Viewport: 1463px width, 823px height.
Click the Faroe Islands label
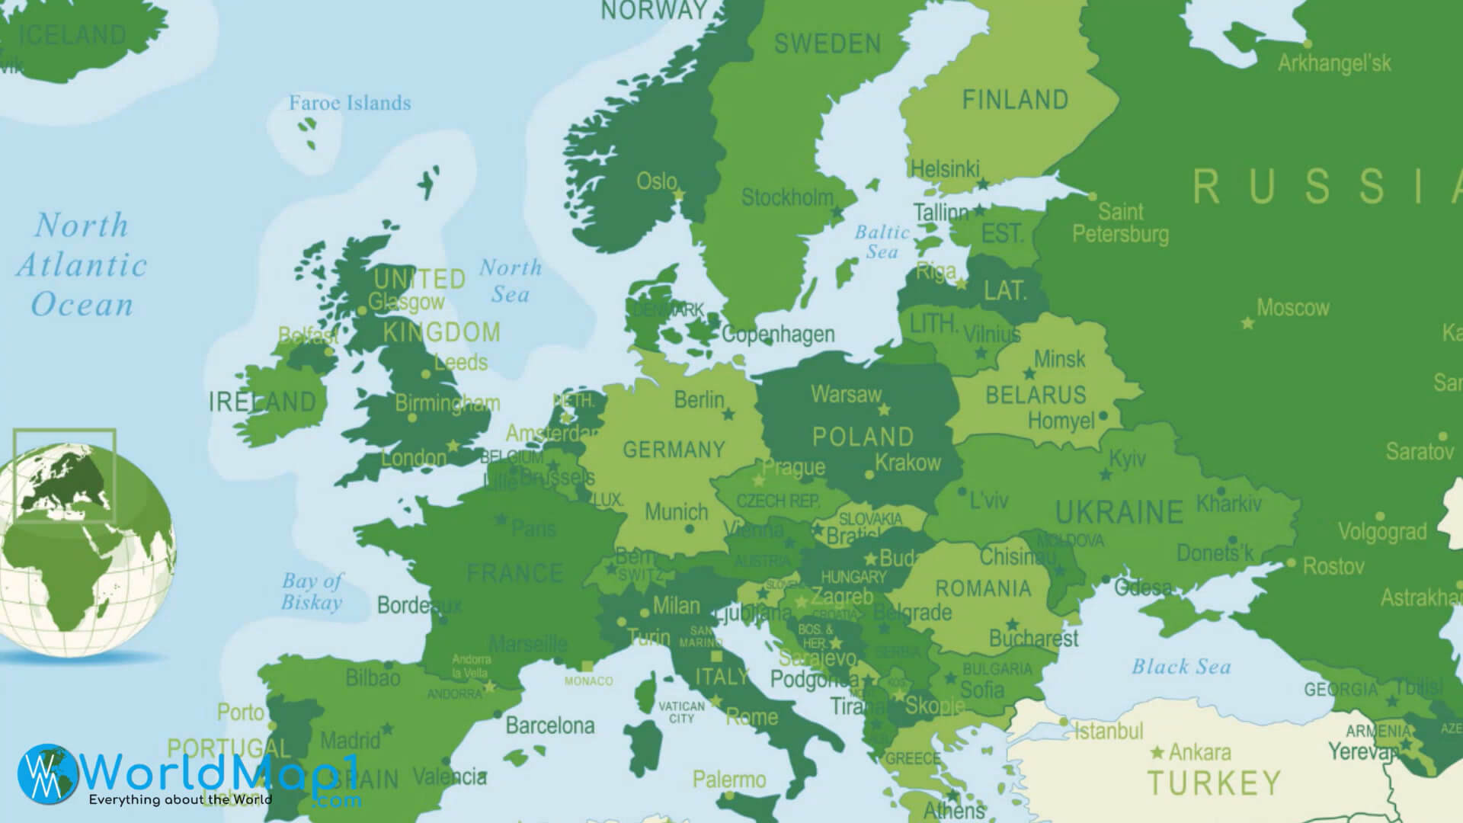pyautogui.click(x=350, y=103)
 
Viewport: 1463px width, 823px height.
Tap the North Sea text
pyautogui.click(x=510, y=280)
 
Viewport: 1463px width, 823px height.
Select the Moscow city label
pyautogui.click(x=1292, y=308)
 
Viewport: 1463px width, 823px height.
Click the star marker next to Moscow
pyautogui.click(x=1247, y=323)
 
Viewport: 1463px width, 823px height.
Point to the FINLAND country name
pyautogui.click(x=1015, y=100)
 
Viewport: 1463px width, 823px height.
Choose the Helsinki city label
pyautogui.click(x=945, y=168)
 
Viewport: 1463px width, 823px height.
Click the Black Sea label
pyautogui.click(x=1180, y=667)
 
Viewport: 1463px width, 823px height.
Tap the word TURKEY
pyautogui.click(x=1214, y=783)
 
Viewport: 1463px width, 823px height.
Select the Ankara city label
pyautogui.click(x=1199, y=753)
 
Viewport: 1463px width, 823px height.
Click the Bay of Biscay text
pyautogui.click(x=312, y=591)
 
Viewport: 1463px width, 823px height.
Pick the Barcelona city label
pyautogui.click(x=549, y=725)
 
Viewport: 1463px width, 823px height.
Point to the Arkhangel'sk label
pyautogui.click(x=1334, y=63)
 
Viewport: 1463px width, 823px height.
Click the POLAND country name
pyautogui.click(x=863, y=437)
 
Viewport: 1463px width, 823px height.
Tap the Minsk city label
pyautogui.click(x=1059, y=358)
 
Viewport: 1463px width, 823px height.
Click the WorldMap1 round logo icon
pyautogui.click(x=47, y=773)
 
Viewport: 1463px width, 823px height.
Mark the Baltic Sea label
pyautogui.click(x=882, y=242)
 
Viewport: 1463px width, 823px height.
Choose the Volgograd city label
pyautogui.click(x=1381, y=531)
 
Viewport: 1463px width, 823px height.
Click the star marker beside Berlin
pyautogui.click(x=728, y=415)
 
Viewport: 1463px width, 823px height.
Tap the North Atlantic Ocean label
pyautogui.click(x=82, y=264)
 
